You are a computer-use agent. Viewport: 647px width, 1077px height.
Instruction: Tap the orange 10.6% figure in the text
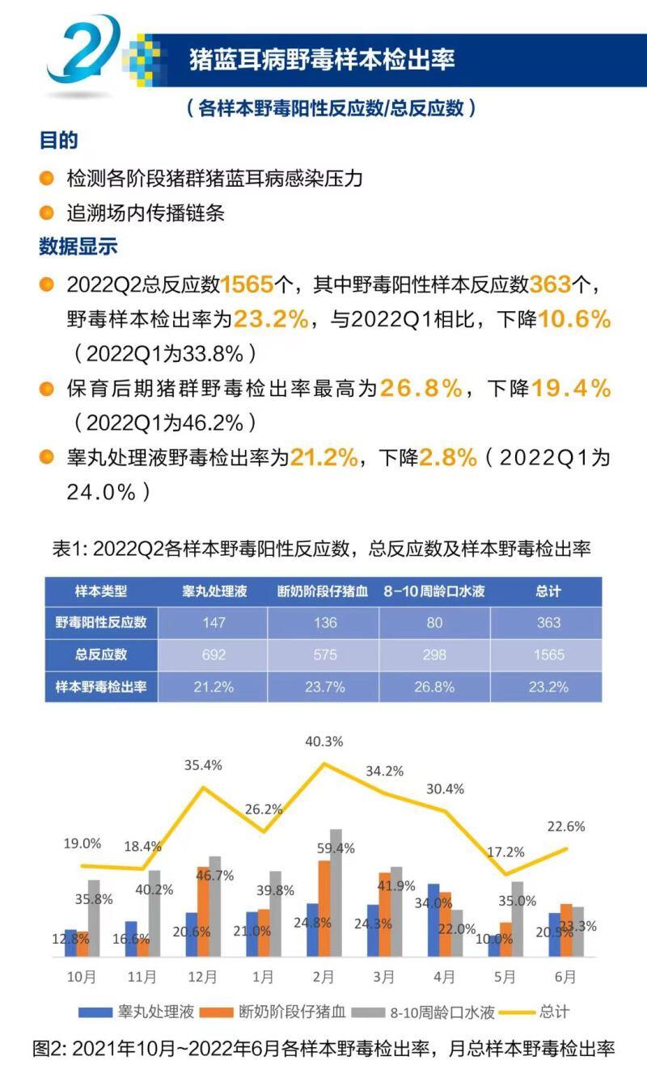pos(575,320)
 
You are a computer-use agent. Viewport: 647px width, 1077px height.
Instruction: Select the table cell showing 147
pos(215,622)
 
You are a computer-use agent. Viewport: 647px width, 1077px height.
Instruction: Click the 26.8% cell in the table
pos(434,687)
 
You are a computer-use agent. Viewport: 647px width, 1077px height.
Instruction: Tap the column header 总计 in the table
pos(548,591)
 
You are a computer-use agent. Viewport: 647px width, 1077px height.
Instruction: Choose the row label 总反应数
pos(101,654)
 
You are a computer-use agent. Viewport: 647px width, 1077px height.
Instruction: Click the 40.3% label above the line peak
pos(324,741)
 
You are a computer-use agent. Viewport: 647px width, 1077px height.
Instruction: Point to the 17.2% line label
pos(505,852)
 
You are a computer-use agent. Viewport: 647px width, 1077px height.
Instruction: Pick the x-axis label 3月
pos(384,977)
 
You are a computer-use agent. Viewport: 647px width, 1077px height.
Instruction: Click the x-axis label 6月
pos(566,977)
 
